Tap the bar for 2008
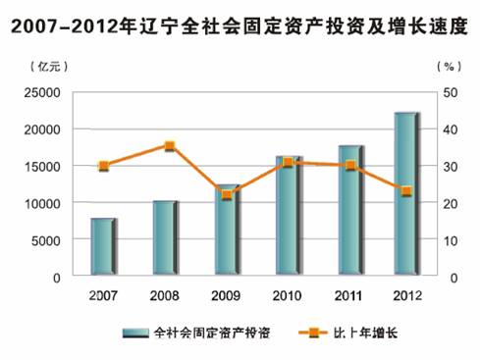[x=164, y=238]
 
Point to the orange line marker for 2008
[x=169, y=146]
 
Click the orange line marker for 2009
[x=227, y=194]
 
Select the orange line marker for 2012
[x=405, y=191]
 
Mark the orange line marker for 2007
[x=103, y=166]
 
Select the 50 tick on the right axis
[x=449, y=92]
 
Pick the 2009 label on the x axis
[x=227, y=294]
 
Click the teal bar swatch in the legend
[x=135, y=334]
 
